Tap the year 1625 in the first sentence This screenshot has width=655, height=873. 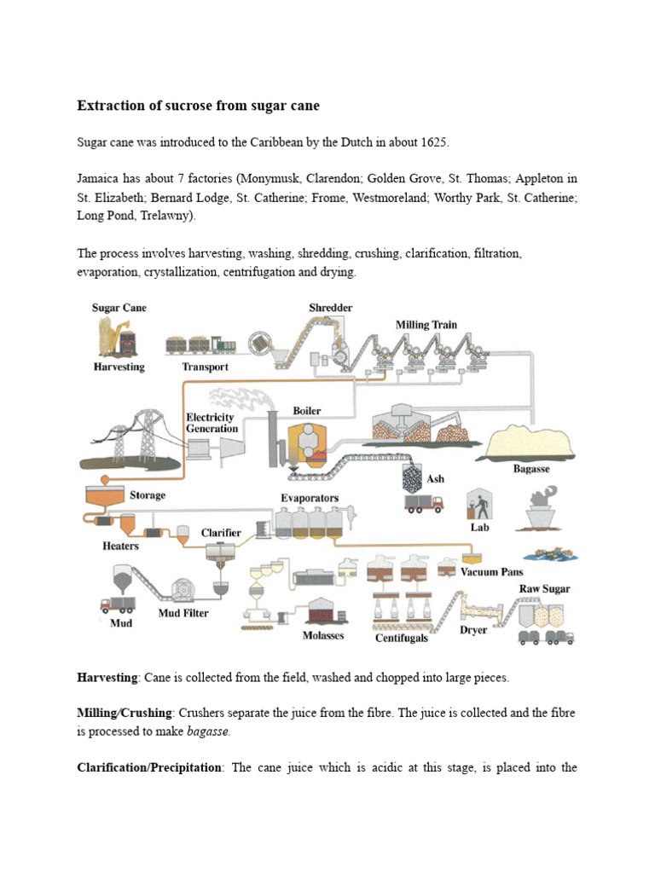[432, 142]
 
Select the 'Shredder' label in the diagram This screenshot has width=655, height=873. [330, 307]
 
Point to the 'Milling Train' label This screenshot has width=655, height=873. [426, 325]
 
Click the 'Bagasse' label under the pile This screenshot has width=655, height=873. [530, 468]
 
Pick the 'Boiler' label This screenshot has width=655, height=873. [307, 410]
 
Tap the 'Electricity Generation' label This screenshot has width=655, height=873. [212, 423]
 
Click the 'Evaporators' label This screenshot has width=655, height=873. [310, 497]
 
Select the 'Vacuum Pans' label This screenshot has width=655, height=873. [492, 571]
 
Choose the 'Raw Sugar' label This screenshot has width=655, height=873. [544, 589]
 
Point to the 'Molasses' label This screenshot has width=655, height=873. [323, 635]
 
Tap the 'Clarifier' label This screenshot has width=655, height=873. [221, 533]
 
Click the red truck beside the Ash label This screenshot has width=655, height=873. [424, 503]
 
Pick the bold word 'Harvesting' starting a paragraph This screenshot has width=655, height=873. [107, 678]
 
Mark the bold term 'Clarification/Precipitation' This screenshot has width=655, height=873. [149, 767]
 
